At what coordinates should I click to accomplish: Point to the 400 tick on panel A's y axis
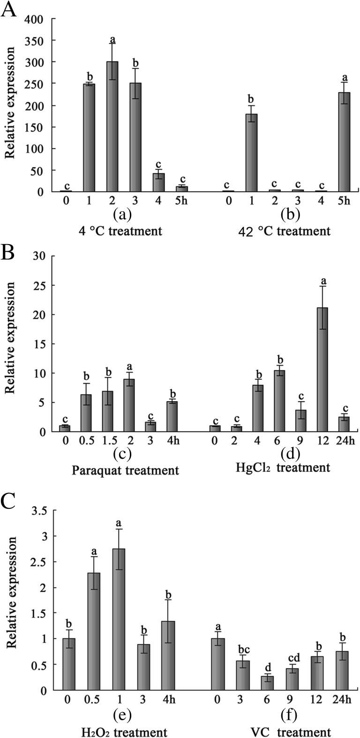coord(37,19)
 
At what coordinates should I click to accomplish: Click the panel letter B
coord(9,254)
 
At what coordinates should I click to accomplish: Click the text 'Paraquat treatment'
coord(126,470)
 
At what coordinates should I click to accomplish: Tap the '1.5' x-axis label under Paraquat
coord(108,441)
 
